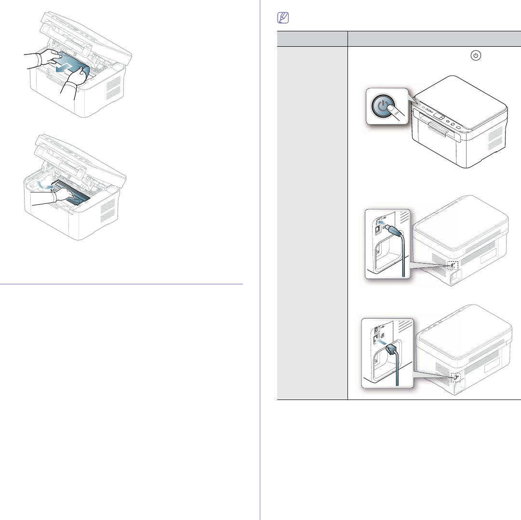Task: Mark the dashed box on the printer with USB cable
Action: [x=453, y=266]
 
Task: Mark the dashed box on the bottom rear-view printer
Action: [x=454, y=377]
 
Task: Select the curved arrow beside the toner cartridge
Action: [x=42, y=186]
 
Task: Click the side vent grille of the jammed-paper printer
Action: [x=114, y=87]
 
